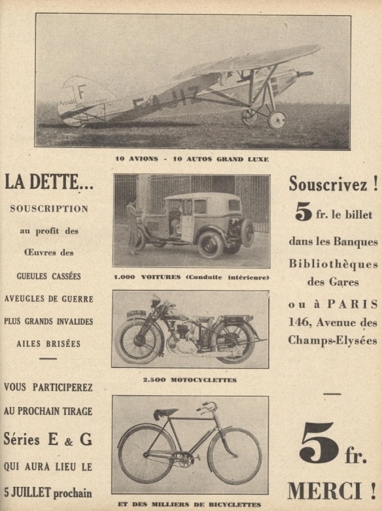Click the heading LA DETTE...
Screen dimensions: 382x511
coord(49,183)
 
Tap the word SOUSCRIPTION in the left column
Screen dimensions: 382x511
coord(49,209)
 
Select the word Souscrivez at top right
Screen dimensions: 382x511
coord(328,185)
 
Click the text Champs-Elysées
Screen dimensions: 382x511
coord(332,340)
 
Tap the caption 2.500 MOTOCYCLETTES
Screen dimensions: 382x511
coord(190,380)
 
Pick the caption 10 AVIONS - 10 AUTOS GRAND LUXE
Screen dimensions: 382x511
coord(192,159)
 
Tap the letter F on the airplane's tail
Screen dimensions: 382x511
coord(82,91)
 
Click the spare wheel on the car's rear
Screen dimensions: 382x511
coord(248,232)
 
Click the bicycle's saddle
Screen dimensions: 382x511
coord(165,413)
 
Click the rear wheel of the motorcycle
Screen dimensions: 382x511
coord(233,340)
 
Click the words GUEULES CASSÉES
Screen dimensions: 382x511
coord(49,276)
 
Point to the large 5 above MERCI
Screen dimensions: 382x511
coord(319,442)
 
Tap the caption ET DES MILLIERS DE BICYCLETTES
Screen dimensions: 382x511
coord(190,504)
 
